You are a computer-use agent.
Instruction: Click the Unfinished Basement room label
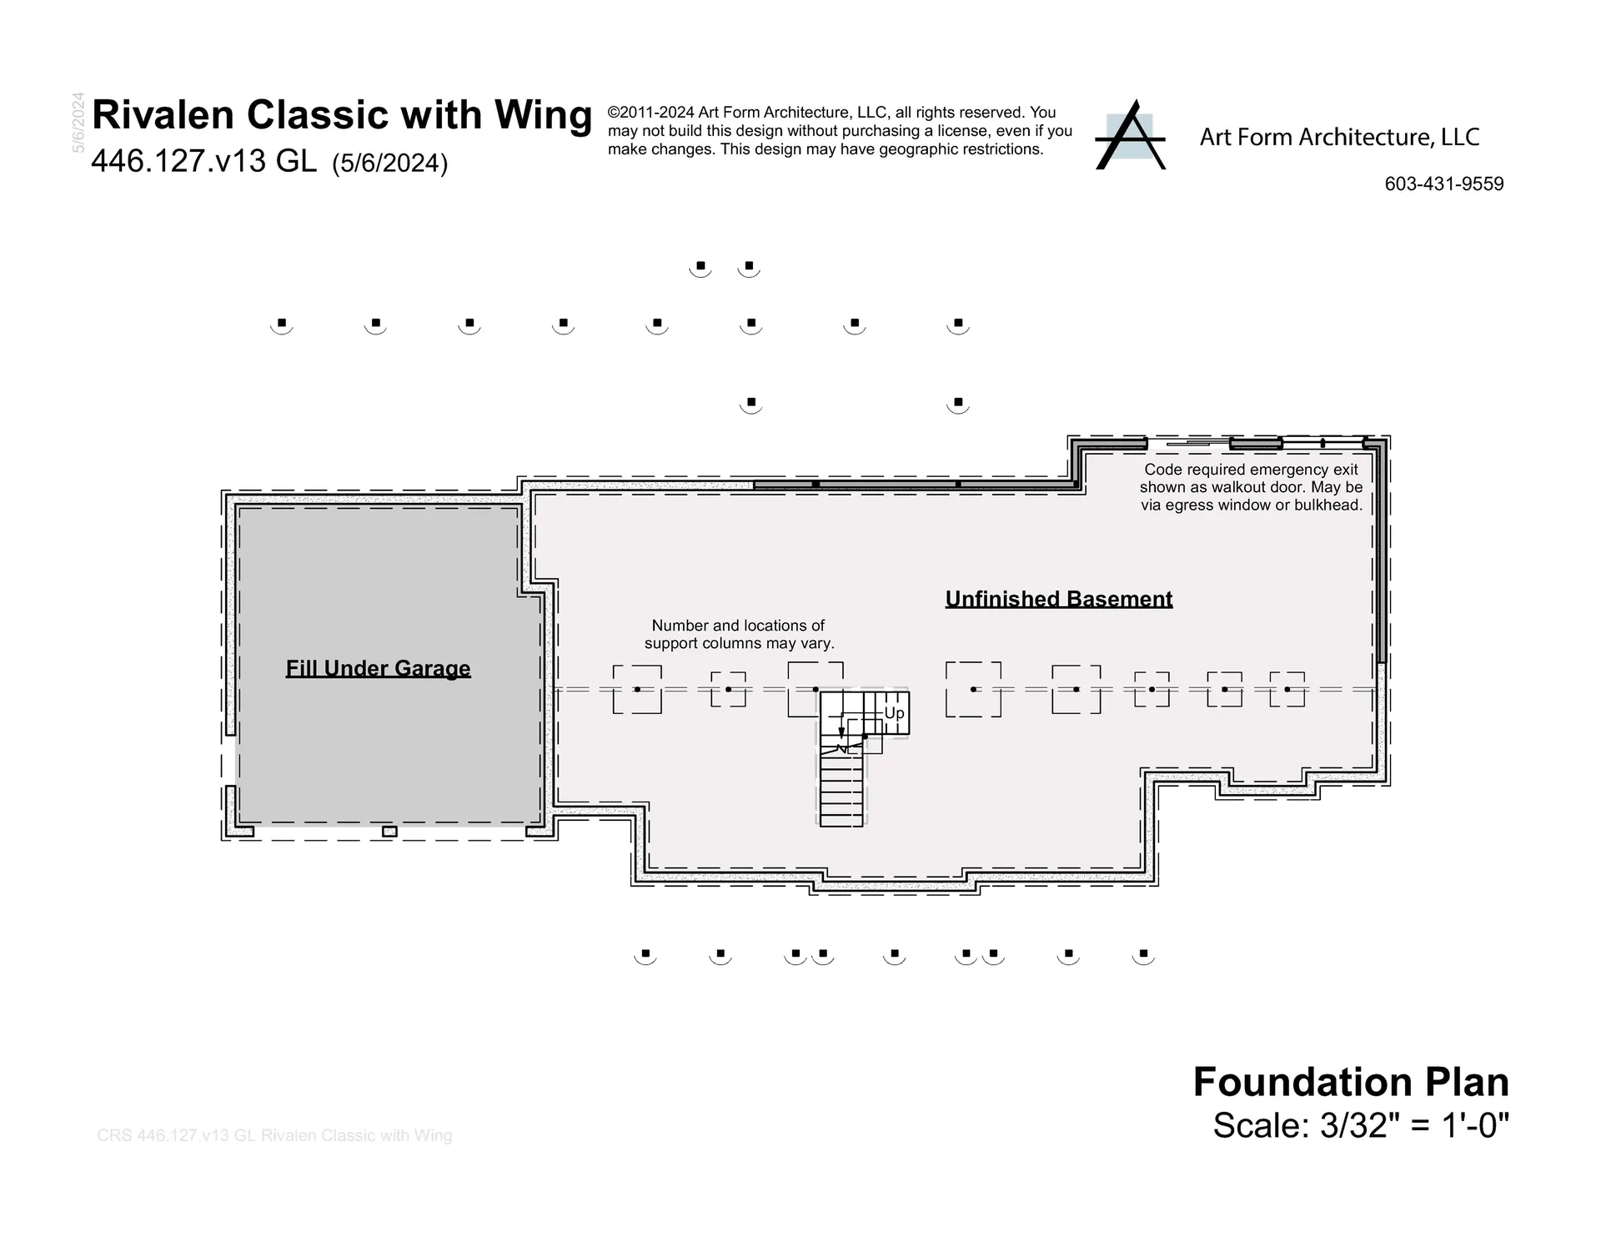[1058, 599]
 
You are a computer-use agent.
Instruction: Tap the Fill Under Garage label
[378, 668]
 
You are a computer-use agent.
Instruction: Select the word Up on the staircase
[894, 713]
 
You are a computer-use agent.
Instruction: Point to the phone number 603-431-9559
[1443, 184]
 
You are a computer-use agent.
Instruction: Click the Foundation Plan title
[1350, 1082]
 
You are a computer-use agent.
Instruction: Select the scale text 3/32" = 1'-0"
[1415, 1125]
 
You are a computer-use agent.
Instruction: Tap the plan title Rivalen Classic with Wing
[341, 114]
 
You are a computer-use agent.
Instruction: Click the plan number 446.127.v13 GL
[203, 161]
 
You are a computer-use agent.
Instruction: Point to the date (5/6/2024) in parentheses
[389, 163]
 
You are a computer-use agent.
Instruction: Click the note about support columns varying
[739, 634]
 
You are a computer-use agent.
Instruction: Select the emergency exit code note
[1250, 487]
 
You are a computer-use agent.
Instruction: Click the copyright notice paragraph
[839, 131]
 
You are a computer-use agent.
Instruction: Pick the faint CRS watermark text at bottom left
[274, 1135]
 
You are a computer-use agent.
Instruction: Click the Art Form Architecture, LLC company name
[1339, 138]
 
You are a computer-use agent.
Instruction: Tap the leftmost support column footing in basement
[637, 689]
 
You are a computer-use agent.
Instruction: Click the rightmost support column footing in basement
[1287, 689]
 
